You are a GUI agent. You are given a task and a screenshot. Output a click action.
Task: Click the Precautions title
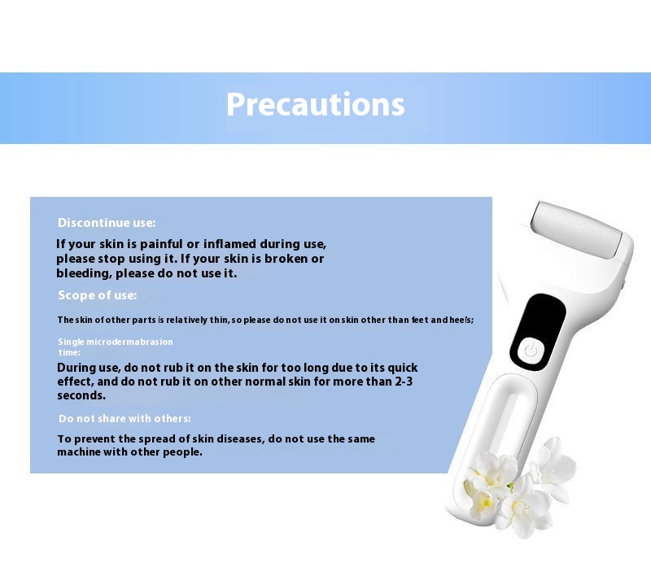click(x=315, y=105)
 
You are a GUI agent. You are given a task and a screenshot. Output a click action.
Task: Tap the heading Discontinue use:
click(x=107, y=223)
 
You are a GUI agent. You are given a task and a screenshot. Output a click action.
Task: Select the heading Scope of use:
click(x=97, y=295)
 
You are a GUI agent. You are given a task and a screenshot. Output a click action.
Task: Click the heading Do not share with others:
click(x=125, y=418)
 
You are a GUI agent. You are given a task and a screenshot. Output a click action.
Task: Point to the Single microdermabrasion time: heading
click(x=116, y=347)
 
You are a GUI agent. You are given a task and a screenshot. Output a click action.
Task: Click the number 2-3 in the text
click(x=403, y=382)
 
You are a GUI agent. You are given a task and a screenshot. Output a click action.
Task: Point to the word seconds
click(x=81, y=395)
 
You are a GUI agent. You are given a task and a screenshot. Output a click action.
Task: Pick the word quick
click(x=402, y=369)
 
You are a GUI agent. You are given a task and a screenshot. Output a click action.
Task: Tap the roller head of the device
click(x=577, y=230)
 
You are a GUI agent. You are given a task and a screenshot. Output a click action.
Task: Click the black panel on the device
click(x=538, y=333)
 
